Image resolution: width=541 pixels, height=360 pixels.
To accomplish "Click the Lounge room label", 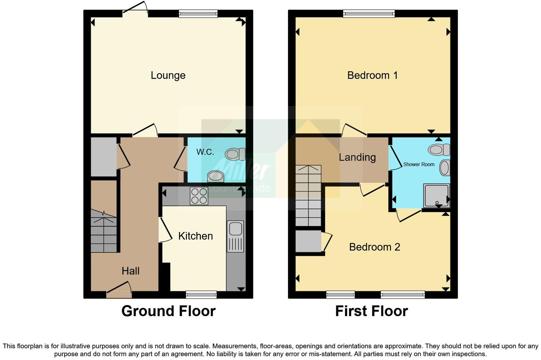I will coord(168,75).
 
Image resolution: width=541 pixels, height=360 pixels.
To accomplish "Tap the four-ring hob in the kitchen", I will coord(199,196).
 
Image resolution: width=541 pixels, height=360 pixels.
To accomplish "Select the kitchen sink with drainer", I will coord(235,236).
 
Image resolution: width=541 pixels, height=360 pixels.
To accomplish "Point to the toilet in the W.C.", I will coord(235,154).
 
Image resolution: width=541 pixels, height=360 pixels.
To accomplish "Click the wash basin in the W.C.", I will coord(215,176).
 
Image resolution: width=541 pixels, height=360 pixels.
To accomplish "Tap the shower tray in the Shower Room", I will coord(436,195).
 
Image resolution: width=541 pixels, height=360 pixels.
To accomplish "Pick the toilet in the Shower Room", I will coord(439,150).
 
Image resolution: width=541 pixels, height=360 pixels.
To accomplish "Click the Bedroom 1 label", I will coord(372,75).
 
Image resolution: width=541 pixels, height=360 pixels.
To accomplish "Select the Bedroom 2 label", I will coord(374,247).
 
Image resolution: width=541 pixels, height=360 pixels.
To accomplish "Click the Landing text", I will coord(357,157).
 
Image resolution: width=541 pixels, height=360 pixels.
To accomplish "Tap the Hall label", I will coord(130,271).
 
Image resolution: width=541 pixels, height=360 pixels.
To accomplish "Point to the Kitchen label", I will coord(195,236).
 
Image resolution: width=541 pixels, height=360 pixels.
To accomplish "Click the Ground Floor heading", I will coord(168,311).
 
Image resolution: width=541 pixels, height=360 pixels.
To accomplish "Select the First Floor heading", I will coord(371,311).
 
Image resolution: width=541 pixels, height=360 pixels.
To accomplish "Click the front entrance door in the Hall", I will coord(119,292).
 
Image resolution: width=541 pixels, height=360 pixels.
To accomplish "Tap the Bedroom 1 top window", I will coord(369,14).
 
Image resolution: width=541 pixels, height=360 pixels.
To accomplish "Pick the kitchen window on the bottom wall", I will coord(201,294).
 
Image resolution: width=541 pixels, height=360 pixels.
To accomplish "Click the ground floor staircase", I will coord(104,231).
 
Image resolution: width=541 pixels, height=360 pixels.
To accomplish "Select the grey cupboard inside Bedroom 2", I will coord(308,241).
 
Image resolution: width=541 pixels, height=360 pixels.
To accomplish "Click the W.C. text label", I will coord(205,152).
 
